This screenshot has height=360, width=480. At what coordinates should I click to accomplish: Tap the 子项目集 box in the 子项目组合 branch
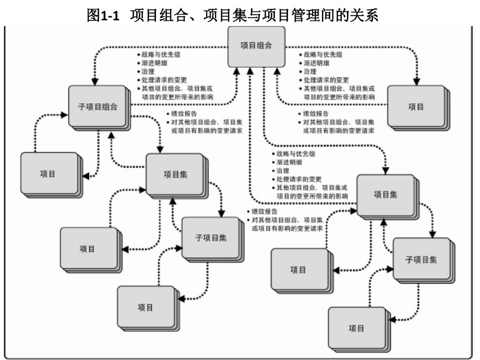coord(206,236)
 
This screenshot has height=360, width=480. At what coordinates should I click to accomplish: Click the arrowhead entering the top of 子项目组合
coord(94,82)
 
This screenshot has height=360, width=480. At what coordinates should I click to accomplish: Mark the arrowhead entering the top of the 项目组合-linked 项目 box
coord(417,82)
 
